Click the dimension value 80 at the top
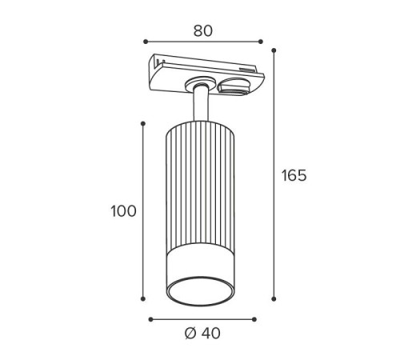pyautogui.click(x=203, y=31)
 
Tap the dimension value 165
pyautogui.click(x=294, y=175)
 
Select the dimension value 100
pyautogui.click(x=123, y=211)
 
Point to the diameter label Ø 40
pyautogui.click(x=202, y=333)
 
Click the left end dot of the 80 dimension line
pyautogui.click(x=146, y=42)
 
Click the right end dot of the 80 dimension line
pyautogui.click(x=261, y=42)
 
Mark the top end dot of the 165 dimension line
pyautogui.click(x=274, y=50)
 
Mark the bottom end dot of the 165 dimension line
pyautogui.click(x=274, y=299)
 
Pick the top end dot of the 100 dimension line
pyautogui.click(x=143, y=123)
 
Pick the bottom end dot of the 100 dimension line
pyautogui.click(x=143, y=298)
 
